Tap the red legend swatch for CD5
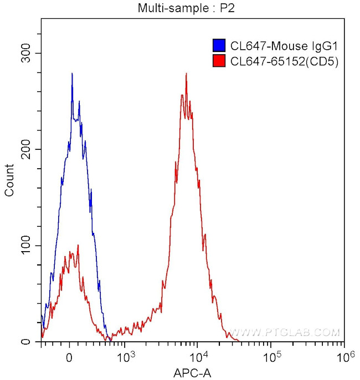tap(219, 61)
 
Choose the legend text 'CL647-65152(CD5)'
tap(284, 61)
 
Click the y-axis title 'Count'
tap(9, 180)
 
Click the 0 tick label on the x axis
tap(69, 356)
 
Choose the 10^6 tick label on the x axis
tap(343, 355)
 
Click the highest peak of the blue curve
tap(72, 74)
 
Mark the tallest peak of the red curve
tap(186, 74)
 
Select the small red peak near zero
tap(78, 246)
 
